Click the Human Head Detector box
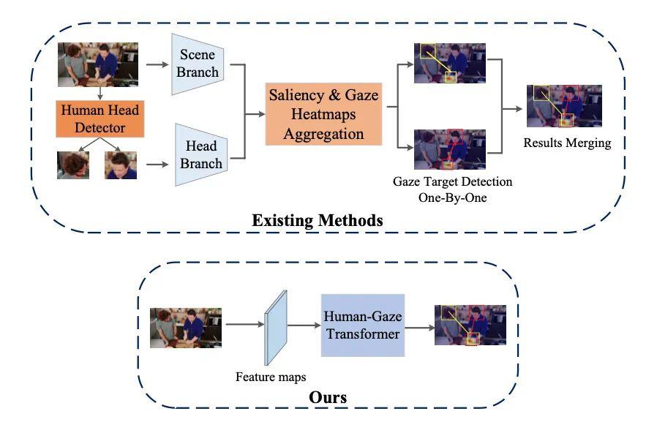point(100,119)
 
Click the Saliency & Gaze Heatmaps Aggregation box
point(323,114)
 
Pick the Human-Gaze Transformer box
point(363,325)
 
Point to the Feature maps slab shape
point(277,327)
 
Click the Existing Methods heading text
point(317,219)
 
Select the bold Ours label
point(327,398)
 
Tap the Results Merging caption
point(566,143)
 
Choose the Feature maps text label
point(271,377)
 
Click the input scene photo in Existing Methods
point(98,64)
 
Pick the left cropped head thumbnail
point(73,165)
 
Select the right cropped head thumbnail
point(121,165)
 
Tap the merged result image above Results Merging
point(564,107)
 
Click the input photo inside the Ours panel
point(186,327)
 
